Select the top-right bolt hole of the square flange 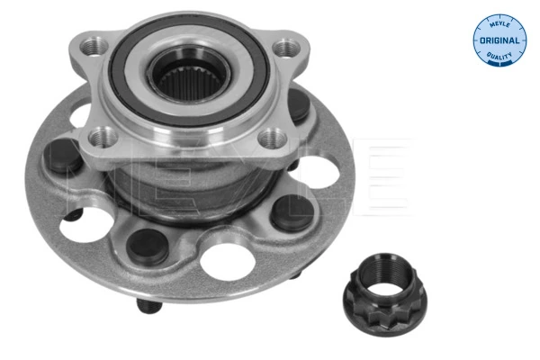click(286, 47)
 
